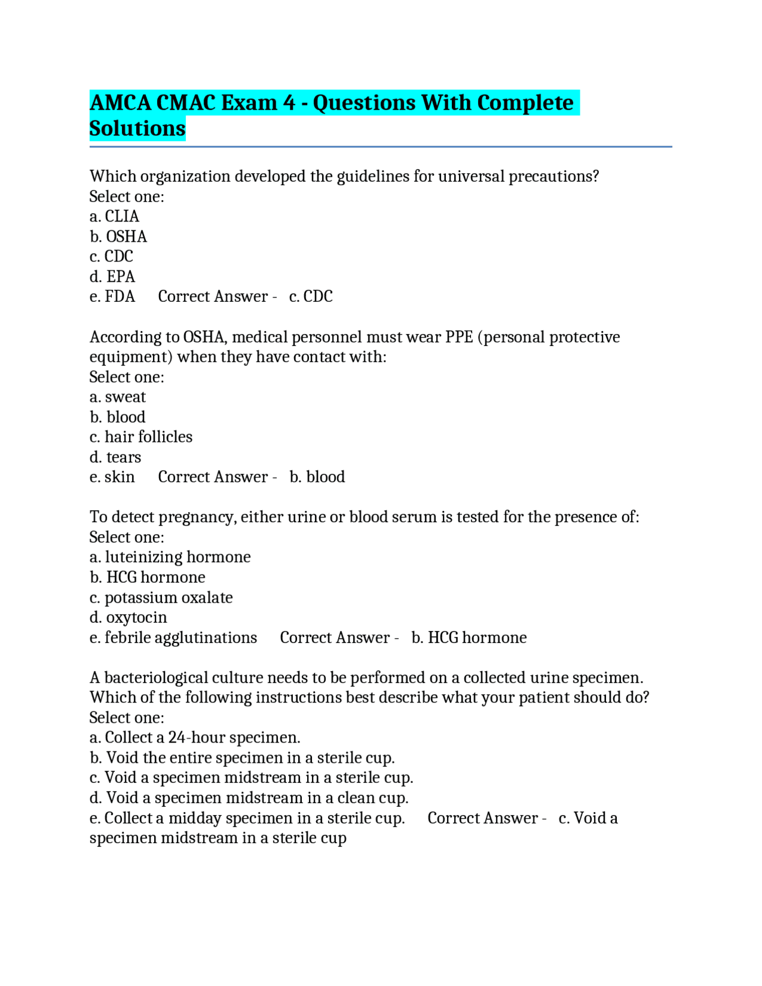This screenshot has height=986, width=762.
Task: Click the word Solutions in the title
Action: (138, 129)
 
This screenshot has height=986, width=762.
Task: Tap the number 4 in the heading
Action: (289, 103)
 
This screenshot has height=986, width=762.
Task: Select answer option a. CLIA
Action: (114, 216)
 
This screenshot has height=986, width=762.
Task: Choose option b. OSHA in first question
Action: (118, 236)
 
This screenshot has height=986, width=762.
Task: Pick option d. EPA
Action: (113, 276)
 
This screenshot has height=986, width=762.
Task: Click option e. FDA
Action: (113, 297)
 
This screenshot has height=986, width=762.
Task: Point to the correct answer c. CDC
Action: (311, 297)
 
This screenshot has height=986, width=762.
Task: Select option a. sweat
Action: (117, 397)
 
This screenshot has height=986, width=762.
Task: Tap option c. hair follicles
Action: (141, 437)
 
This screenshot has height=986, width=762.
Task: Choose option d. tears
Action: (115, 457)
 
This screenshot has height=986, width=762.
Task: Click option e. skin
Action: (113, 477)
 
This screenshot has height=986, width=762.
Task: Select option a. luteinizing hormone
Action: (170, 557)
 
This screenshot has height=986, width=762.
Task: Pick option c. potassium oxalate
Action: (161, 598)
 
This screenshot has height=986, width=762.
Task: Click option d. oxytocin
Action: (128, 617)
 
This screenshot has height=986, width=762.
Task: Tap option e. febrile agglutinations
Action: (173, 638)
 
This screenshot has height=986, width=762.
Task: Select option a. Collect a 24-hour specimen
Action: (195, 738)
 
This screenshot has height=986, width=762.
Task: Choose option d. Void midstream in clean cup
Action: (249, 798)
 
